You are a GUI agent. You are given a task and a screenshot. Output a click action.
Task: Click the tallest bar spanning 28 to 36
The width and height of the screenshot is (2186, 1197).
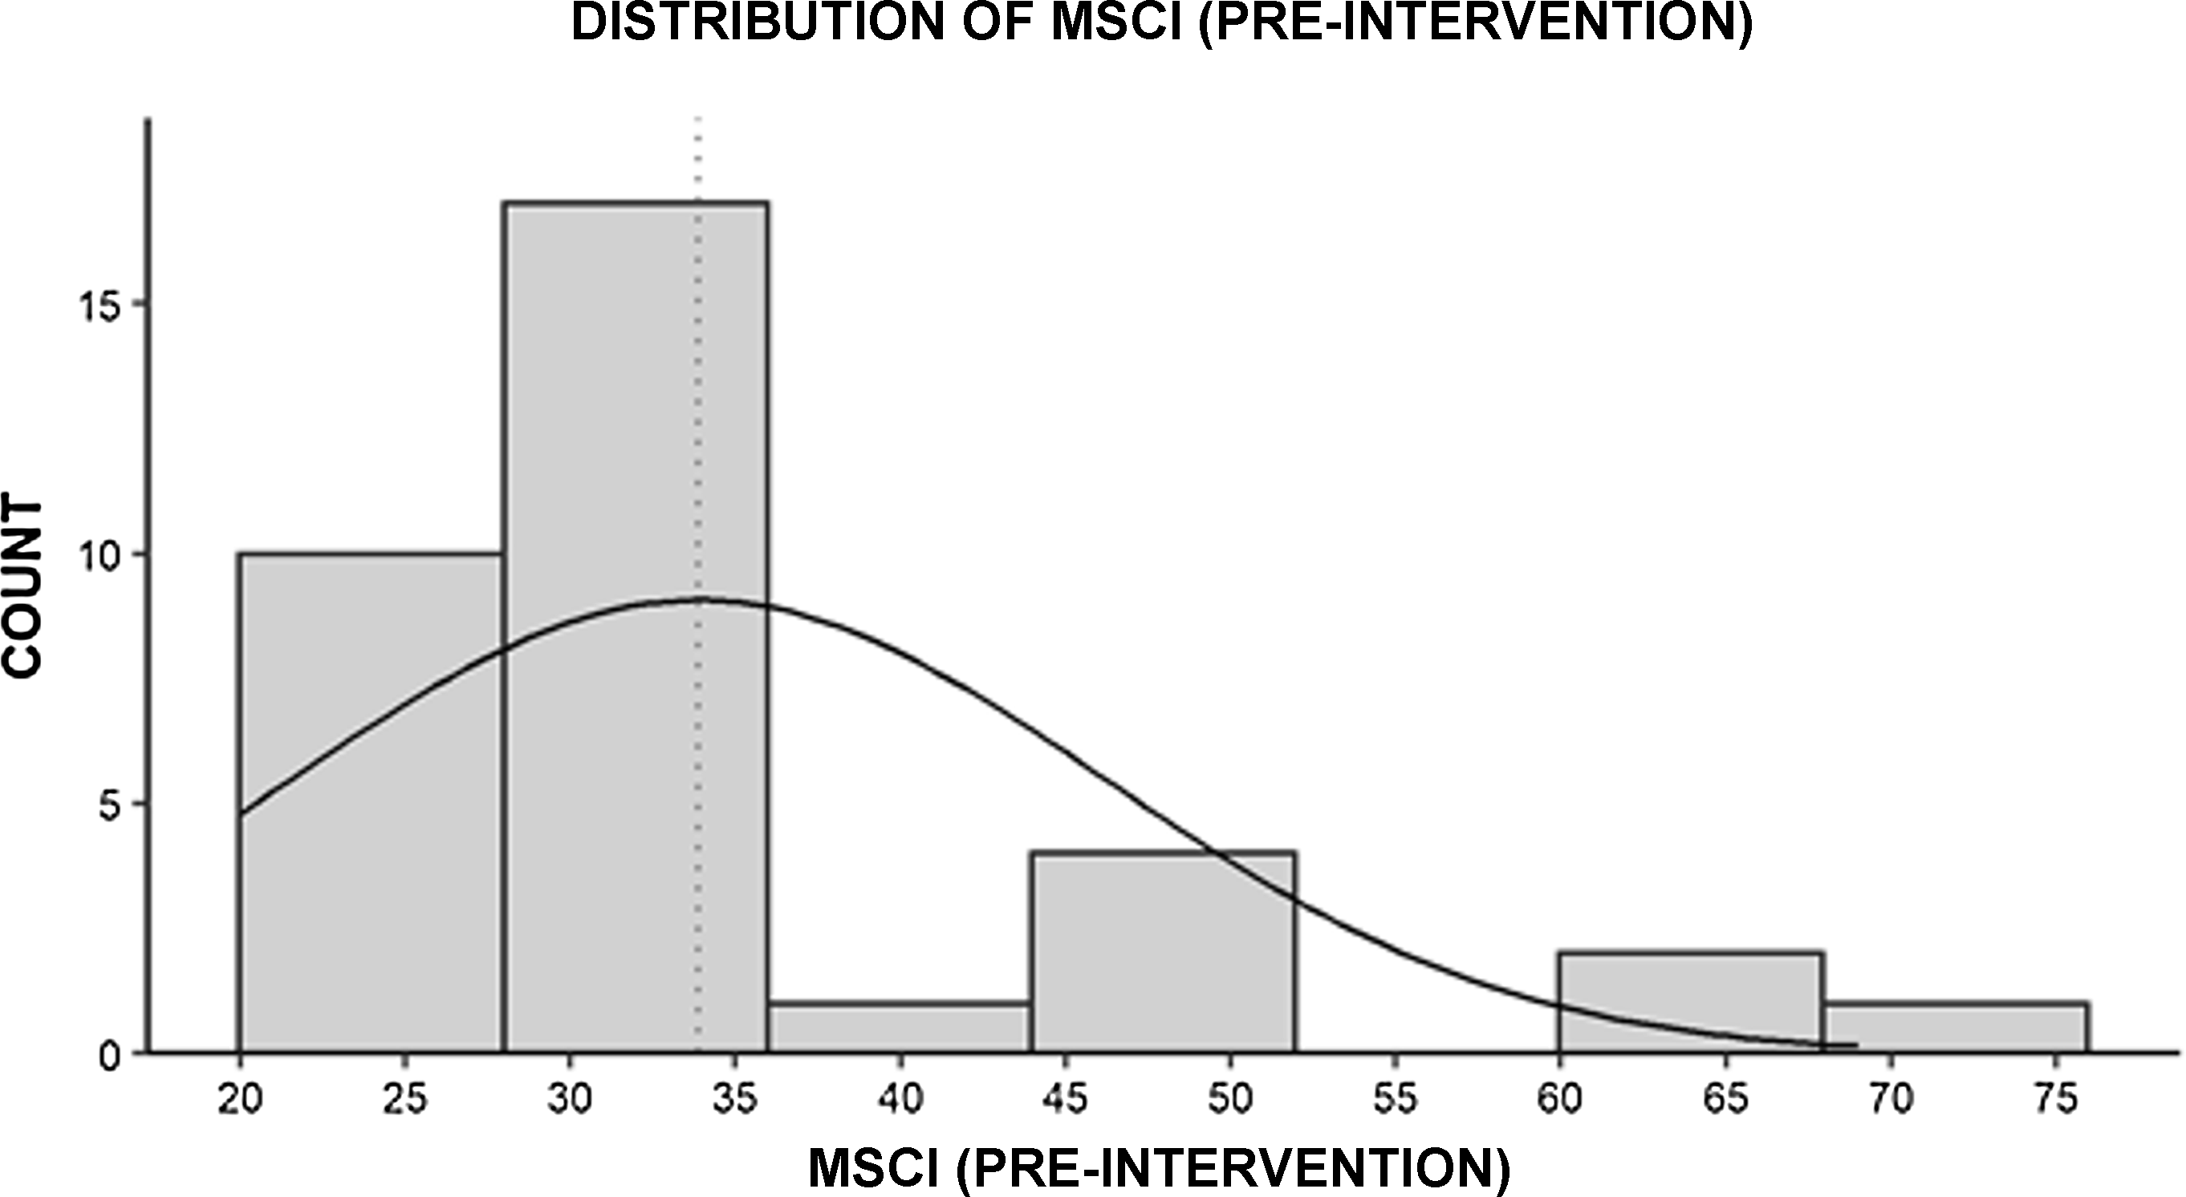pyautogui.click(x=636, y=424)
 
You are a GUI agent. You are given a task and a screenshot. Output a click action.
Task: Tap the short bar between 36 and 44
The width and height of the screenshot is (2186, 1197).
pyautogui.click(x=900, y=1028)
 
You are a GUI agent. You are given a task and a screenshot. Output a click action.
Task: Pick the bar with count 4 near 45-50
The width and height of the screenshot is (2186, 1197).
pyautogui.click(x=1164, y=959)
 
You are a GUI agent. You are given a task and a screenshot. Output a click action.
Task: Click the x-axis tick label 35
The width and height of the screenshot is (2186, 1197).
pyautogui.click(x=735, y=1099)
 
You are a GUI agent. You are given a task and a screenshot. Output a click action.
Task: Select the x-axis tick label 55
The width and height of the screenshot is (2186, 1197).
pyautogui.click(x=1395, y=1099)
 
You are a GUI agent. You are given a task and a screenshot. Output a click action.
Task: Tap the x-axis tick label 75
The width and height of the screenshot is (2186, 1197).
pyautogui.click(x=2055, y=1099)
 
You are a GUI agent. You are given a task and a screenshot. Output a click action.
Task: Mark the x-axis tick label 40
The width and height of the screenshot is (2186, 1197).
pyautogui.click(x=900, y=1099)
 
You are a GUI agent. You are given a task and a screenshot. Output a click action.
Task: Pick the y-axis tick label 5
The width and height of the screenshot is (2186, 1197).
pyautogui.click(x=117, y=804)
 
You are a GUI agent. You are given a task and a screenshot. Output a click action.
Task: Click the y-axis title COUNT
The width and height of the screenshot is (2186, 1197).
pyautogui.click(x=24, y=589)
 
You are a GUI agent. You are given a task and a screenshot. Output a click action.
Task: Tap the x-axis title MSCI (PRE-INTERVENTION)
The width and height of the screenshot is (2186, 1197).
pyautogui.click(x=1159, y=1169)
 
